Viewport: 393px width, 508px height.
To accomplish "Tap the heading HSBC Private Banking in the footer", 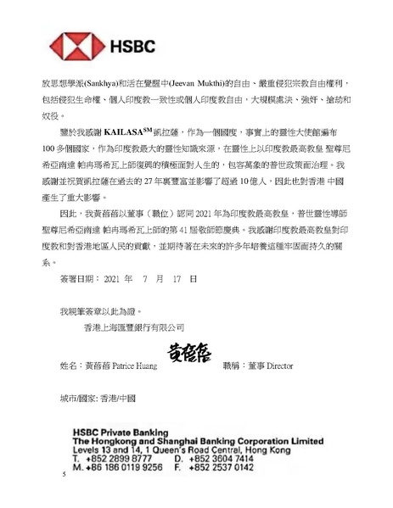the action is point(121,432).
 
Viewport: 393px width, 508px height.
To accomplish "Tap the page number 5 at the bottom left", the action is point(64,475).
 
